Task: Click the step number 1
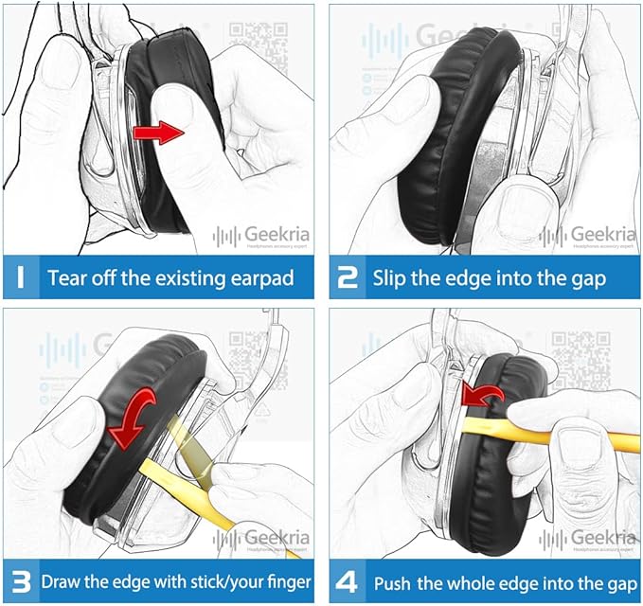pos(21,278)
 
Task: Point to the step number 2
pos(348,278)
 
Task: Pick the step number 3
pos(21,580)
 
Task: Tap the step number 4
pos(348,580)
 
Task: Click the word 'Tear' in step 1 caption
pos(68,278)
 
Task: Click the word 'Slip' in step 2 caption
pos(391,278)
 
